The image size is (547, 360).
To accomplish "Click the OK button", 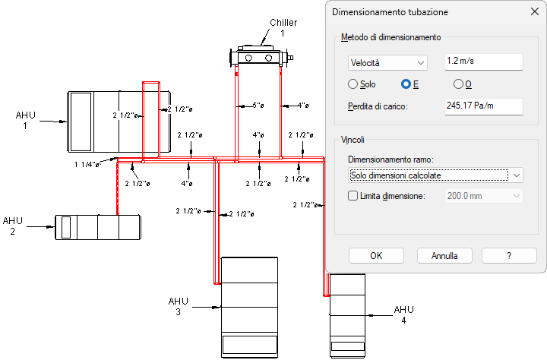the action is pos(376,256).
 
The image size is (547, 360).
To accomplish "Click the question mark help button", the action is pos(509,256).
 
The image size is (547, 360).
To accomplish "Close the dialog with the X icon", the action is pos(534,11).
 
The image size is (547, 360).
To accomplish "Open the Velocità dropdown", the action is pos(387,63).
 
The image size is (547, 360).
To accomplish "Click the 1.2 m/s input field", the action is pos(483,62).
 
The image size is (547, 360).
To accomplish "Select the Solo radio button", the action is pos(353,84).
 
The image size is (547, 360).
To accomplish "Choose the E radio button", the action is pos(406,84).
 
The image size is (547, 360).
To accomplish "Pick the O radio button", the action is pos(458,84).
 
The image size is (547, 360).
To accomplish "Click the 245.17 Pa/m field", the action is pos(483,106).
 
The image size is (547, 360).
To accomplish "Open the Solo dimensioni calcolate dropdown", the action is pos(435,175).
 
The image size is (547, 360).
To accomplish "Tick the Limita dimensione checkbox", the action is pos(353,196).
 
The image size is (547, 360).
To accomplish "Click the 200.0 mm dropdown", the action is pos(483,196).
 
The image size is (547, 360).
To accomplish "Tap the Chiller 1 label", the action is pos(283,27).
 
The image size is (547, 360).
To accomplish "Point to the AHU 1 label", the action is pos(26,120).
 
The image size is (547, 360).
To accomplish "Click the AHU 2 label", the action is pos(13,226).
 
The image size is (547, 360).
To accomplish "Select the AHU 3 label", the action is pos(179,306).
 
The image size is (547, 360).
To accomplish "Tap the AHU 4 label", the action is pos(404,314).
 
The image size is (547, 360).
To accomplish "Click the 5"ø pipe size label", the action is pos(258,106).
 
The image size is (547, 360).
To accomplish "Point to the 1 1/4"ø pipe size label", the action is pos(87,164).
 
